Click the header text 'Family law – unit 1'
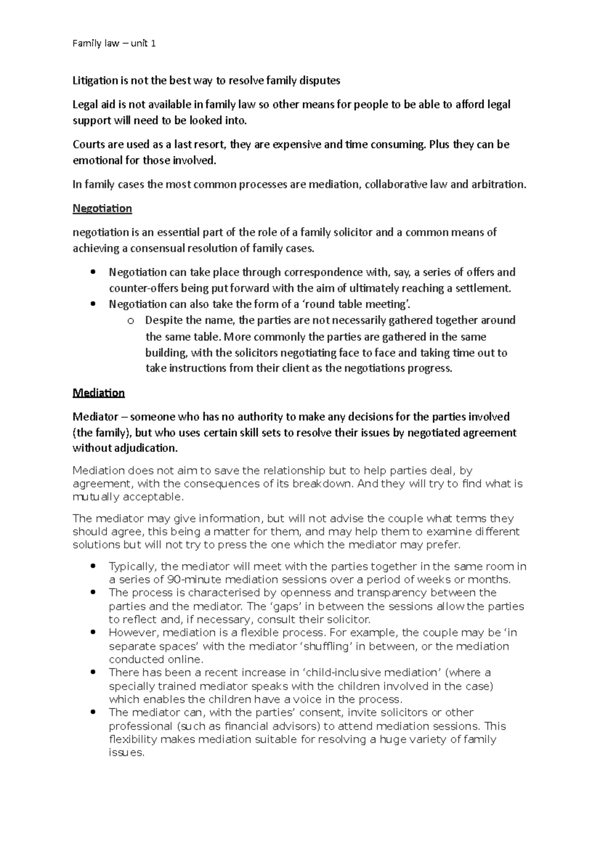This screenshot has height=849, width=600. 114,43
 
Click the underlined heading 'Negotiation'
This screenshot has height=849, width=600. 102,208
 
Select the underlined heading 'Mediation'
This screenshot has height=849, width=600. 98,392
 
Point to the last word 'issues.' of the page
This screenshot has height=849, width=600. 126,752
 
